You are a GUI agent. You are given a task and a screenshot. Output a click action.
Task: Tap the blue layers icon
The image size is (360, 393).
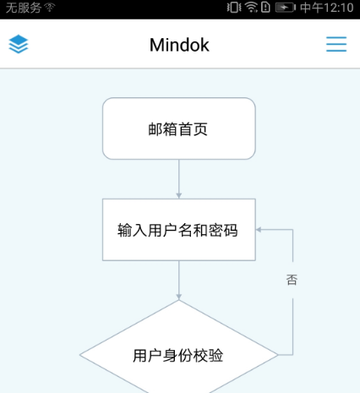19,44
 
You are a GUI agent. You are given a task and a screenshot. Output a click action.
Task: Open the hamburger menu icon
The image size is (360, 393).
336,44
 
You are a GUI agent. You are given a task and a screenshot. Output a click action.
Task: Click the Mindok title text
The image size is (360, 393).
179,45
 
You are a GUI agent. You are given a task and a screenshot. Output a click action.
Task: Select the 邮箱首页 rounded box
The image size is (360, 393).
179,128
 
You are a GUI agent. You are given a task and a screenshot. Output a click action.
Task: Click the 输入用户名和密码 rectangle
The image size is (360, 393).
179,230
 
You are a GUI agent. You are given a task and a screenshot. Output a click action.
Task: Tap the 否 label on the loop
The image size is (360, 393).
292,280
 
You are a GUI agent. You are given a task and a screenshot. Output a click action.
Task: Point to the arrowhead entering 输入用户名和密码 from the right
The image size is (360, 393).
259,230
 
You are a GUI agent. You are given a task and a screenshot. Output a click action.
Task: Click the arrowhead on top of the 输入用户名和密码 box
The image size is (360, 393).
179,196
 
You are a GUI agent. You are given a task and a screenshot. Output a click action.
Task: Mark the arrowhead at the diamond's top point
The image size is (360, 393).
179,297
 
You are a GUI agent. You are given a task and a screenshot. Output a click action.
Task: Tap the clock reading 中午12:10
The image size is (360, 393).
327,8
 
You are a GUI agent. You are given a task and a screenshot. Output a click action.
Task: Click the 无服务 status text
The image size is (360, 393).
24,8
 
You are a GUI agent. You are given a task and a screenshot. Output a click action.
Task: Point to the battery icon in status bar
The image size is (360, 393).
285,8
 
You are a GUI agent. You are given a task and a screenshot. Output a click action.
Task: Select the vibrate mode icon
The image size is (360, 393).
234,8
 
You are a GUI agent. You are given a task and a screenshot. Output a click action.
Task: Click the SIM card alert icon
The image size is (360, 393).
265,8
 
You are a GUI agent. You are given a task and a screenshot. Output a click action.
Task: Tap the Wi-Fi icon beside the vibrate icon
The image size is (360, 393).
251,8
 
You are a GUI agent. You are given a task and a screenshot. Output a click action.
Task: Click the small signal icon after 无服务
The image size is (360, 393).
50,8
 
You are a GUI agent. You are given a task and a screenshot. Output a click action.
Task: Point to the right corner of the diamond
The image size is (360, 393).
278,355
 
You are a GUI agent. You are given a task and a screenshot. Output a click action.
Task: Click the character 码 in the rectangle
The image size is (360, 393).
231,230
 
